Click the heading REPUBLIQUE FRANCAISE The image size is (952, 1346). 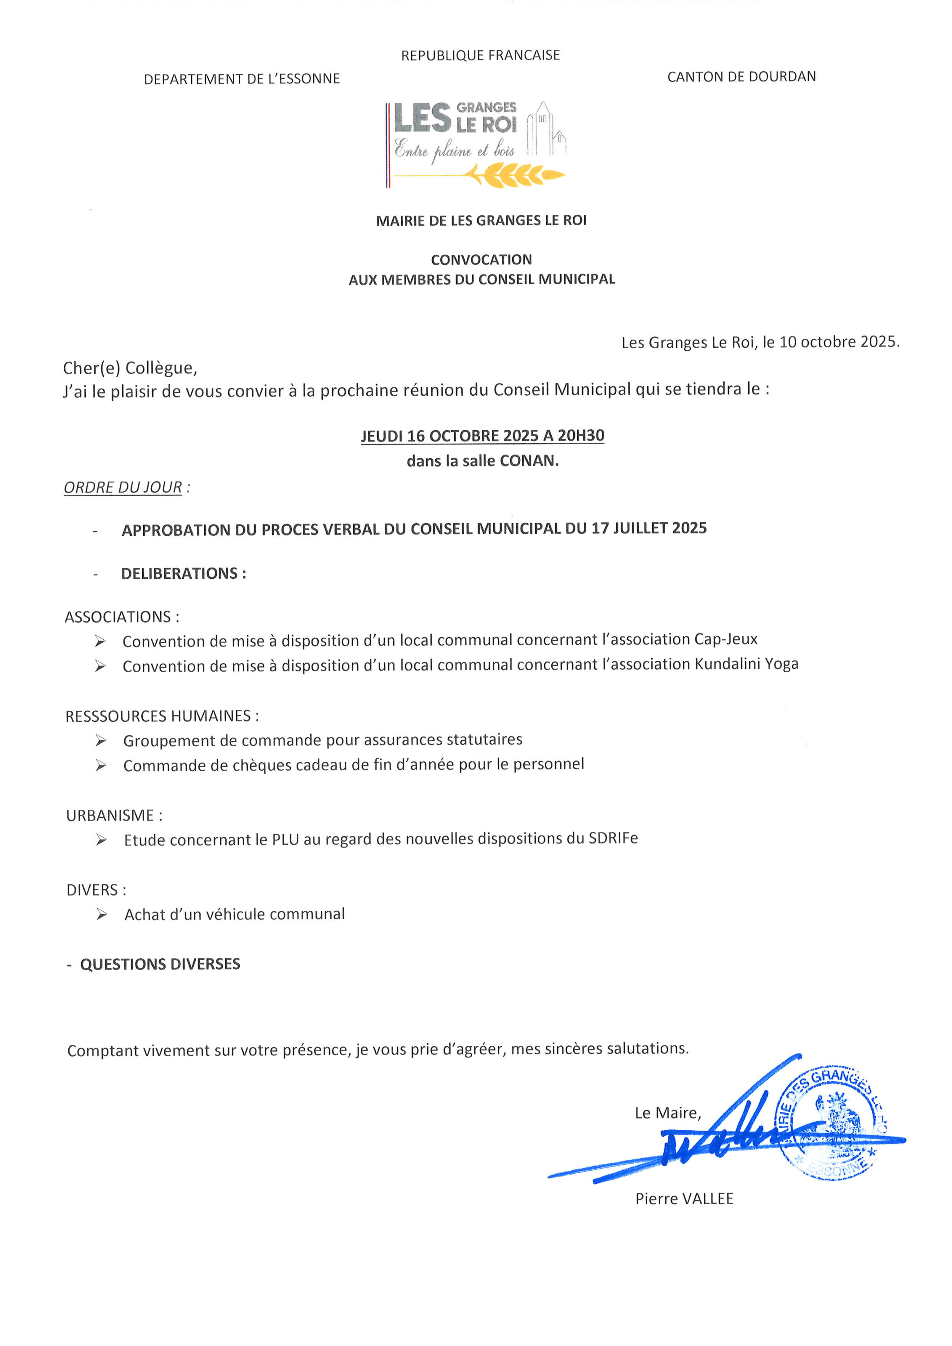tap(480, 55)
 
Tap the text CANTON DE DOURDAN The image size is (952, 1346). tap(741, 77)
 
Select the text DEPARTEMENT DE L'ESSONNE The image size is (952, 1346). tap(241, 79)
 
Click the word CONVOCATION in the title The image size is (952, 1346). tap(481, 260)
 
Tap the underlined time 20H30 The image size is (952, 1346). tap(581, 436)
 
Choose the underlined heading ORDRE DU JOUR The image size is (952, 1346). tap(123, 487)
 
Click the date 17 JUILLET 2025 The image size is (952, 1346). tap(649, 528)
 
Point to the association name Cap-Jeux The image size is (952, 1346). tap(726, 639)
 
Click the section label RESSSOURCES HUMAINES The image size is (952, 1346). tap(158, 716)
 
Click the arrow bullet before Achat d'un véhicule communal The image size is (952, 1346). tap(102, 914)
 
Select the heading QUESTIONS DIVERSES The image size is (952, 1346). tap(160, 964)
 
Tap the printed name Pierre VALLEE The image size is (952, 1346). tap(684, 1198)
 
